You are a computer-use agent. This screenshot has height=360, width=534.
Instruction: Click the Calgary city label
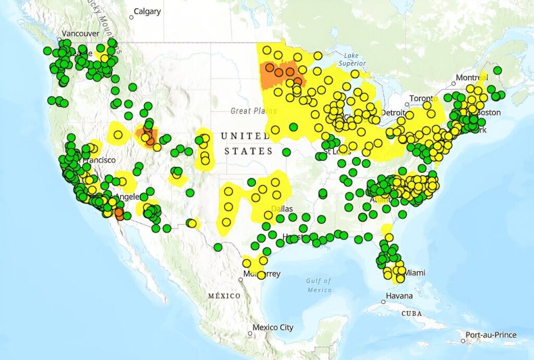(148, 11)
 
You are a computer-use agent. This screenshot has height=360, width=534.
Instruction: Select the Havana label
(399, 296)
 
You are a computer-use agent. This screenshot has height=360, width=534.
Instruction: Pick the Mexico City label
(273, 328)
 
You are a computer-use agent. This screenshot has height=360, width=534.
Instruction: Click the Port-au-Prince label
(491, 335)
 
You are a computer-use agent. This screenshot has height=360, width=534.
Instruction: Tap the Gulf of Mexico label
(320, 285)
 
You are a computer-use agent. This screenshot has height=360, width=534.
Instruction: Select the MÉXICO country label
(224, 296)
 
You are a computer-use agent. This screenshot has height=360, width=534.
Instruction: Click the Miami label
(415, 273)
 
